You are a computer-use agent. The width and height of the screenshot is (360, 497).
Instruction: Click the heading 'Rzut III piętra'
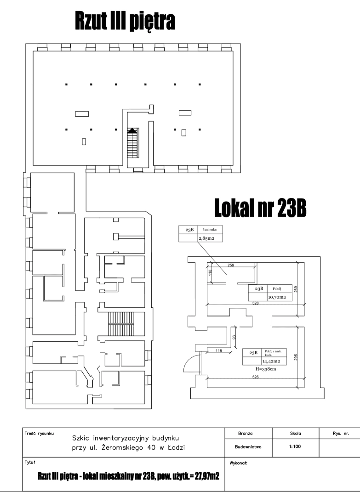click(x=125, y=21)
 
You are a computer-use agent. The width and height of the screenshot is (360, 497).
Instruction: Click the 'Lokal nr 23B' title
click(x=260, y=208)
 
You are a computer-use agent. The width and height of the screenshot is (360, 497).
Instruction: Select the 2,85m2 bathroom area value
click(x=206, y=238)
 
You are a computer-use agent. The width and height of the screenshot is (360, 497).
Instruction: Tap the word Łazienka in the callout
click(x=210, y=229)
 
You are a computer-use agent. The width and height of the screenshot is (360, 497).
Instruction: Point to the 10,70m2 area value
click(x=277, y=297)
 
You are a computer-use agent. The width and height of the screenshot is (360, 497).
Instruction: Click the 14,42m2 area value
click(x=271, y=361)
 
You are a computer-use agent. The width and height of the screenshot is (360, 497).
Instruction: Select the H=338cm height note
click(x=265, y=369)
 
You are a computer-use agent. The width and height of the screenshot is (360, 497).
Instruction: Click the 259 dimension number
click(x=231, y=265)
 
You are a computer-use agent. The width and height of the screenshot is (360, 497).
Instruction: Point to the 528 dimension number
click(x=255, y=303)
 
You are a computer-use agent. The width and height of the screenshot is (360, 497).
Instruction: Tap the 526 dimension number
click(x=255, y=377)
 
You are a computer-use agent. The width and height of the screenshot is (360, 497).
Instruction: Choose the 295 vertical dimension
click(x=296, y=357)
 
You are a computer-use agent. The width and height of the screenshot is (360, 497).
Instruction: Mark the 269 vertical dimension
click(x=296, y=289)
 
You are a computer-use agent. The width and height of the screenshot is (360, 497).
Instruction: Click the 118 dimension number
click(x=218, y=350)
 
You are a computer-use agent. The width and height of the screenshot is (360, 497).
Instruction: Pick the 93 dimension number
click(x=234, y=338)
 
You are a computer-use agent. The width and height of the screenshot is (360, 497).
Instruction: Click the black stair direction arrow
click(x=133, y=130)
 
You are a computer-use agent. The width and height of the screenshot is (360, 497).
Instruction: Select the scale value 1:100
click(x=295, y=446)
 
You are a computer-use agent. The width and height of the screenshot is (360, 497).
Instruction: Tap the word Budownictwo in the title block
click(x=248, y=446)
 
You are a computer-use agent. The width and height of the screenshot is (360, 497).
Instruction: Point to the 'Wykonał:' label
click(x=238, y=463)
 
